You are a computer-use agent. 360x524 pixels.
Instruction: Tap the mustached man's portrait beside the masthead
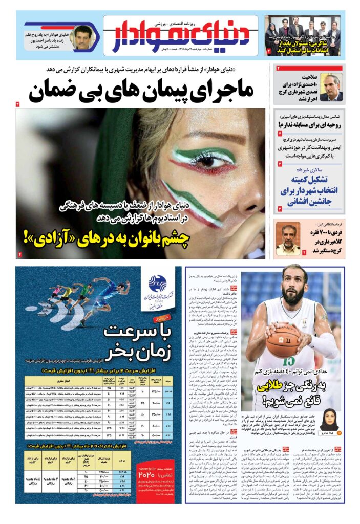(x=81, y=37)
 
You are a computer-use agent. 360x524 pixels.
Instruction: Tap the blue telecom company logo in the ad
(x=158, y=282)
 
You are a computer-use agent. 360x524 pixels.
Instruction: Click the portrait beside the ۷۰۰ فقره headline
(x=288, y=239)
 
